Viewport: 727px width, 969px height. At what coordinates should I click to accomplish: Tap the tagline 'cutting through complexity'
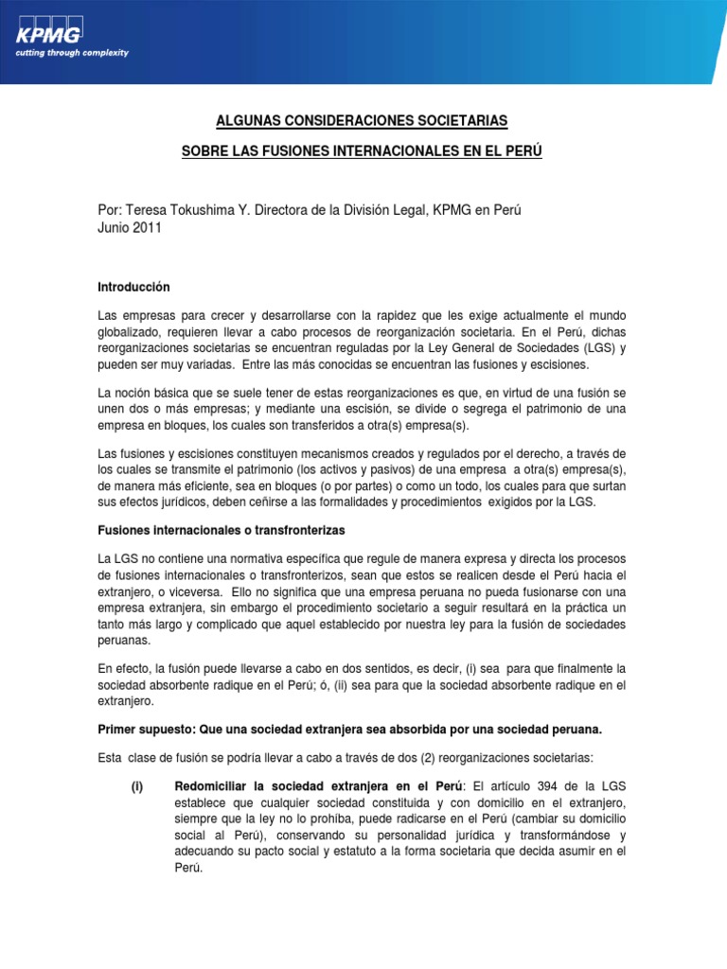tap(71, 53)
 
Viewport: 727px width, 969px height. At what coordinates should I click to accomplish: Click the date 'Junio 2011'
tap(130, 228)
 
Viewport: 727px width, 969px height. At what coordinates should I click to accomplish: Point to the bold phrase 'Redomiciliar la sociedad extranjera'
tap(279, 787)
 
